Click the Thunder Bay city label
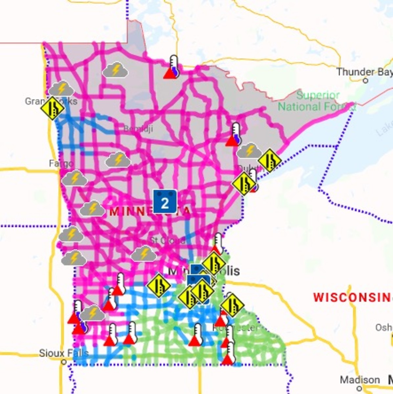click(364, 72)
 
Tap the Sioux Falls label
click(64, 354)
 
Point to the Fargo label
click(61, 163)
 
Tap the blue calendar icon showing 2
click(165, 202)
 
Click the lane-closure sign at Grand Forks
click(53, 108)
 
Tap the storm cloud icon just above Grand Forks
click(61, 89)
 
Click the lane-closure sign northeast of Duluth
click(270, 160)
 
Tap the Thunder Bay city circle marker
click(366, 80)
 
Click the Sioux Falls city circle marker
click(64, 362)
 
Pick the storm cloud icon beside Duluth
click(249, 151)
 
